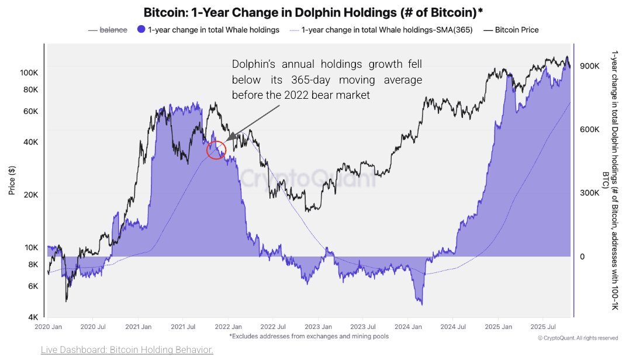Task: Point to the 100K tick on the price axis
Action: [x=29, y=72]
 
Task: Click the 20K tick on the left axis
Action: [x=31, y=195]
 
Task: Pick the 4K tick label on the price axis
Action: [x=33, y=317]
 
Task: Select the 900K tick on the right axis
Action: [x=589, y=66]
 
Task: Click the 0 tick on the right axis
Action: [x=582, y=257]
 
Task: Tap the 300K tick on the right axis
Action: [x=589, y=193]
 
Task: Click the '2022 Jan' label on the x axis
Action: [x=227, y=327]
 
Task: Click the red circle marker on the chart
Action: [x=216, y=150]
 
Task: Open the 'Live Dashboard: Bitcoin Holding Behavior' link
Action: [x=127, y=349]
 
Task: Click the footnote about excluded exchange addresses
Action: [x=309, y=336]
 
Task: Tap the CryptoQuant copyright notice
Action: [x=578, y=338]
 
